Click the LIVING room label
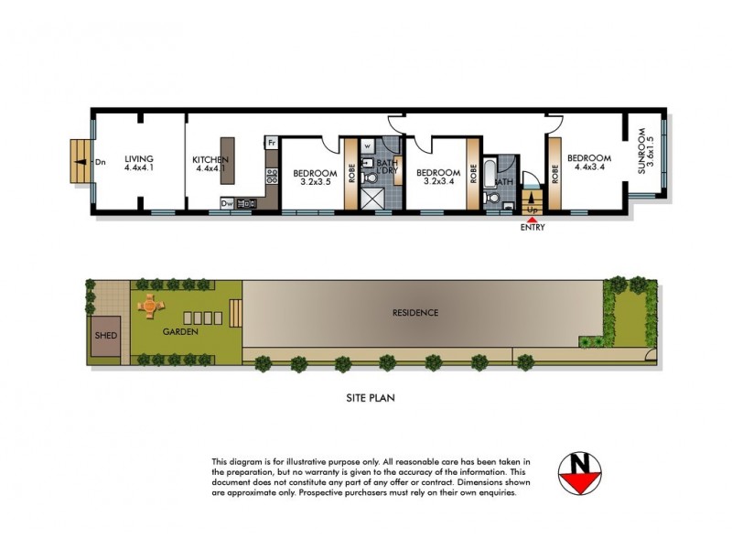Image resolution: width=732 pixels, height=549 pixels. pyautogui.click(x=139, y=157)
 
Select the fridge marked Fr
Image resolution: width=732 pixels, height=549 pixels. pyautogui.click(x=272, y=143)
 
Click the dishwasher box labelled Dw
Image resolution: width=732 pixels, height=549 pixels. pyautogui.click(x=226, y=203)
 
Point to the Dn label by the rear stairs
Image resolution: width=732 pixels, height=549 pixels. pyautogui.click(x=101, y=162)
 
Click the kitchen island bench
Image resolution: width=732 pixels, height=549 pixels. pyautogui.click(x=228, y=162)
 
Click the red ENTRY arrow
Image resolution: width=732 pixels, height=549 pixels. pyautogui.click(x=532, y=216)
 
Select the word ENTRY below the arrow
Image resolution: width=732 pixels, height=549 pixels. pyautogui.click(x=532, y=228)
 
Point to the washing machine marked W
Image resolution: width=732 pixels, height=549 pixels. pyautogui.click(x=367, y=145)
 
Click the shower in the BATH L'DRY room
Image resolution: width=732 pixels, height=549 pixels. pyautogui.click(x=372, y=200)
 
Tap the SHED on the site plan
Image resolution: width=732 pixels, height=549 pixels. pyautogui.click(x=105, y=336)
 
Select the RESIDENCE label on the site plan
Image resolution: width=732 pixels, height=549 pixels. pyautogui.click(x=415, y=313)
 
